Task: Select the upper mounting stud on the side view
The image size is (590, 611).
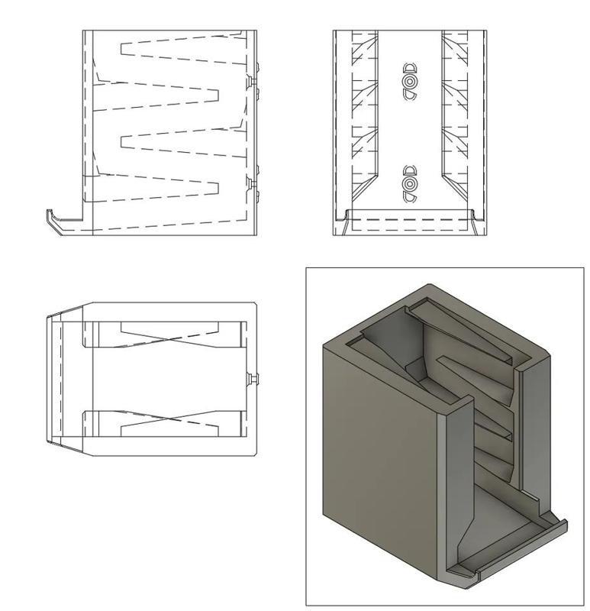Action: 253,79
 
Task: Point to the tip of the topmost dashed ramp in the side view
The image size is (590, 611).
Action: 122,50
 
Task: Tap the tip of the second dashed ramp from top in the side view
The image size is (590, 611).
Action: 218,95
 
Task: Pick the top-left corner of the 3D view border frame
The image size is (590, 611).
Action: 306,267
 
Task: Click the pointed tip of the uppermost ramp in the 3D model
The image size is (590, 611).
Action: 441,359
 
